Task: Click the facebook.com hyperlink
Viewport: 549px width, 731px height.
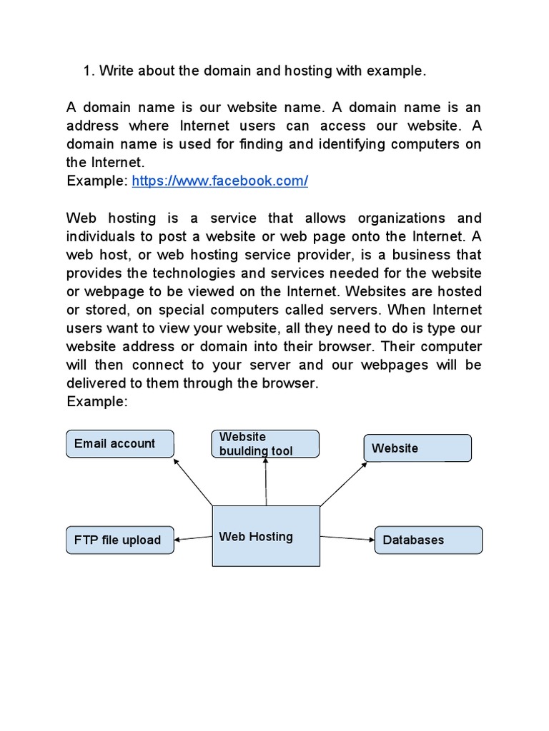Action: (x=219, y=181)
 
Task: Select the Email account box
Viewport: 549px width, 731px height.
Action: (x=120, y=443)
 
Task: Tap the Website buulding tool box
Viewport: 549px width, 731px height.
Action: (x=265, y=443)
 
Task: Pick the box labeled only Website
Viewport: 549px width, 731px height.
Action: (x=417, y=448)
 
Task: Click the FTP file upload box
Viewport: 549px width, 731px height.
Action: (x=120, y=540)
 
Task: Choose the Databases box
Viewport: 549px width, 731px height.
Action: (x=428, y=540)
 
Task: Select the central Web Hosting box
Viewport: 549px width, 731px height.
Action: (x=266, y=536)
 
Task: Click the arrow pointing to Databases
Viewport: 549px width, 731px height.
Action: (x=347, y=538)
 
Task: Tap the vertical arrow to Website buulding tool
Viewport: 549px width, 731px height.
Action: (x=266, y=482)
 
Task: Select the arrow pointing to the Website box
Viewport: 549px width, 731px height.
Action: (x=343, y=483)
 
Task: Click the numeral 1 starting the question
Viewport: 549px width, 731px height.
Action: (x=87, y=71)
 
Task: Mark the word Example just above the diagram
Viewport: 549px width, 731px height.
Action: (x=96, y=402)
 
